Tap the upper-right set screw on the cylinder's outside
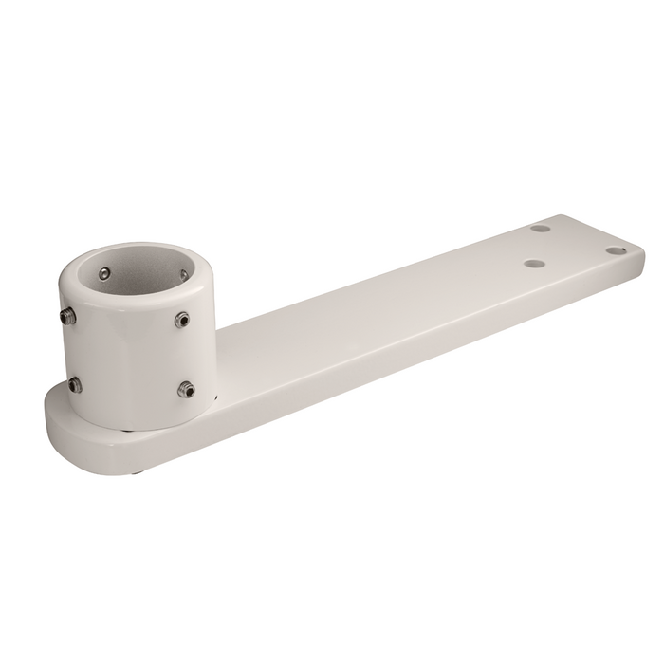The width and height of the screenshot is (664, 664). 182,320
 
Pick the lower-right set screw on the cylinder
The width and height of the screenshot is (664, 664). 186,389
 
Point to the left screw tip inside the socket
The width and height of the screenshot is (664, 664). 103,274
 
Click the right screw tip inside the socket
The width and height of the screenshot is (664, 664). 183,276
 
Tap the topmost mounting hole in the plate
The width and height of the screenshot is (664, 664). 540,229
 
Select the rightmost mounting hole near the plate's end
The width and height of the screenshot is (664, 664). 616,250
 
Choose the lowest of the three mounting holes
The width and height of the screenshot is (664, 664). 534,265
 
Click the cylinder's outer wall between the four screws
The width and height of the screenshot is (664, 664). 128,356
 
